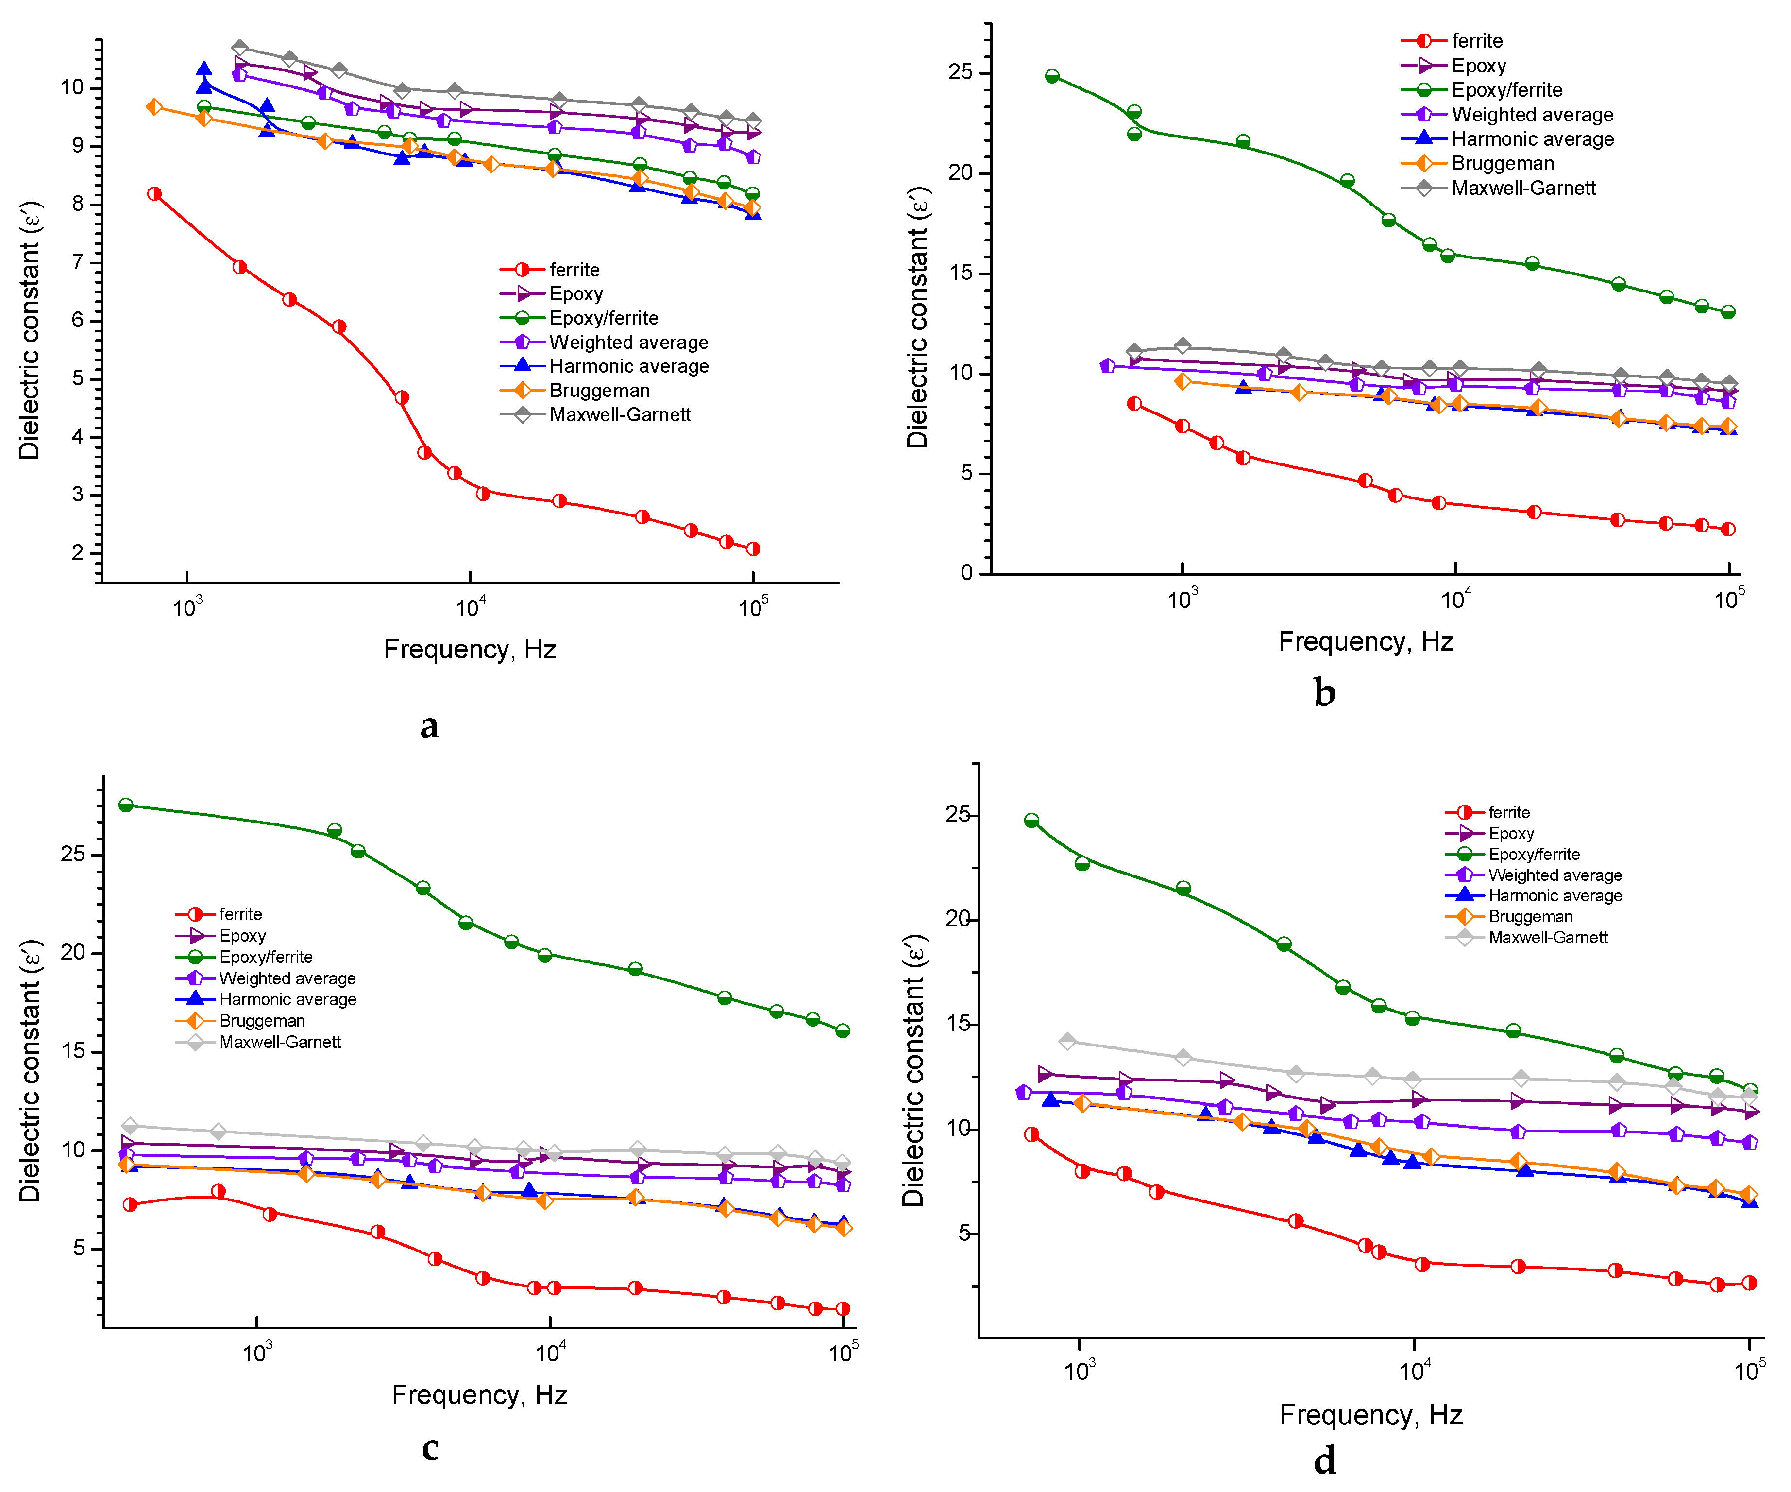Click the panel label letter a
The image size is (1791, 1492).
point(429,726)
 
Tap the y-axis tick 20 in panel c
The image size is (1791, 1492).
point(73,953)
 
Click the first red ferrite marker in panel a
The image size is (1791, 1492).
point(154,194)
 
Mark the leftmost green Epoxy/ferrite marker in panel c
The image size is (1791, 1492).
point(126,806)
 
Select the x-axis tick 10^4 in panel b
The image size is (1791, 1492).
point(1456,600)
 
